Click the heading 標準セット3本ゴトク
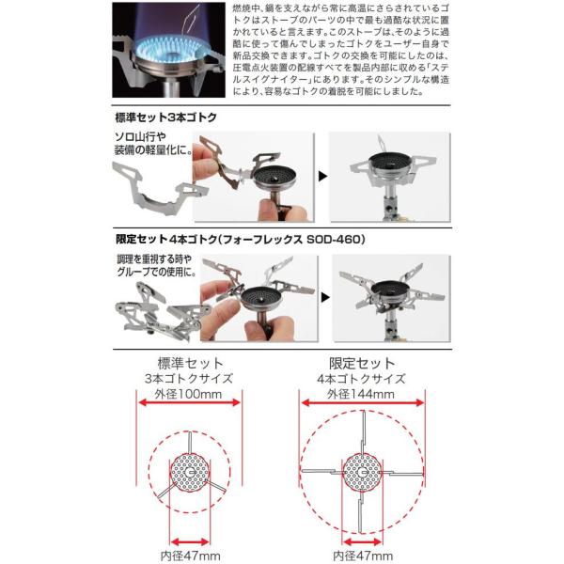[x=165, y=117]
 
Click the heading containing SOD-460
[x=241, y=240]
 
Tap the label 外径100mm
[x=188, y=394]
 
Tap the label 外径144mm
[x=361, y=394]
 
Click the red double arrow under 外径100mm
[x=189, y=402]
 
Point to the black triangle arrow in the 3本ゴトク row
[x=322, y=177]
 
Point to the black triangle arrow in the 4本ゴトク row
[x=325, y=297]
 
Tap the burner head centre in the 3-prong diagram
[x=190, y=472]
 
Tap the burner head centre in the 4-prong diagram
[x=362, y=472]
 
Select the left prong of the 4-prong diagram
[x=321, y=471]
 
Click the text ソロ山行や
[x=140, y=137]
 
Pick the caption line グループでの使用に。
[x=157, y=272]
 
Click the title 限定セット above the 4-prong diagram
[x=362, y=363]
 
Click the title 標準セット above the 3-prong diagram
[x=190, y=363]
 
